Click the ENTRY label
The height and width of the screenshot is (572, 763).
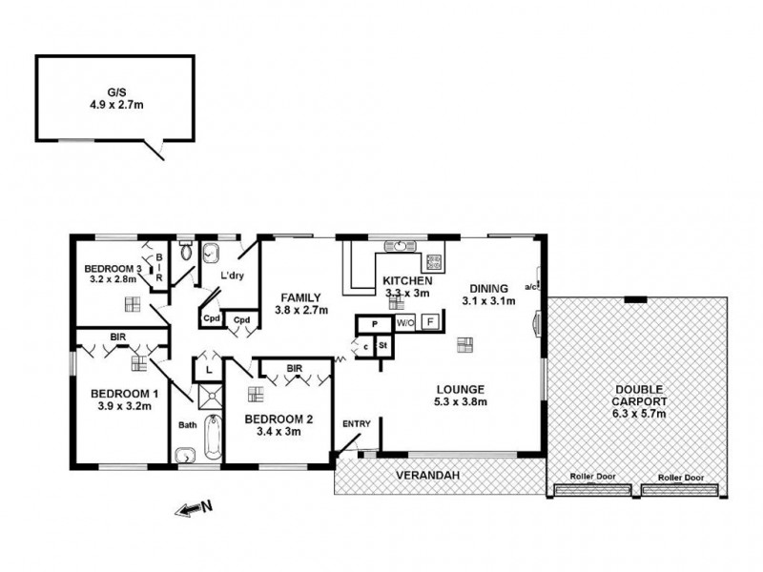pyautogui.click(x=357, y=423)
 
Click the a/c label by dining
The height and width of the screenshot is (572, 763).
pyautogui.click(x=530, y=286)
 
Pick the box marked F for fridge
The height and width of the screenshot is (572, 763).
pyautogui.click(x=429, y=322)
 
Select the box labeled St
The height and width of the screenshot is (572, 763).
pyautogui.click(x=382, y=344)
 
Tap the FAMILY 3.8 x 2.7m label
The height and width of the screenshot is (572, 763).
pyautogui.click(x=301, y=303)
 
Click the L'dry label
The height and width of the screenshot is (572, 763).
pyautogui.click(x=233, y=276)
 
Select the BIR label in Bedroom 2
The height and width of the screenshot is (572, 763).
pyautogui.click(x=296, y=367)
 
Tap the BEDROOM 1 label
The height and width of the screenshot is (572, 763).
pyautogui.click(x=123, y=398)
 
